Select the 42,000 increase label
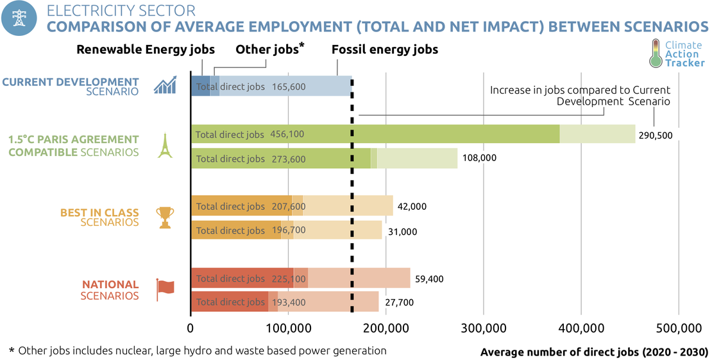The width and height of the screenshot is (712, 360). [x=412, y=207]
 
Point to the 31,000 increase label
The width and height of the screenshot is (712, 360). [x=403, y=230]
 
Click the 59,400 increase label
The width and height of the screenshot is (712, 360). [x=429, y=279]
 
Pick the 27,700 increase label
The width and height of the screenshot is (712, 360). [x=400, y=302]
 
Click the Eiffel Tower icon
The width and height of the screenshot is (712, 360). [x=165, y=146]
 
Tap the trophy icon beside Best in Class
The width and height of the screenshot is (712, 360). [x=165, y=217]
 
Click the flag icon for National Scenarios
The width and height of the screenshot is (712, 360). [x=165, y=289]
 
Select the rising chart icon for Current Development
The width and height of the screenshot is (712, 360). [x=165, y=85]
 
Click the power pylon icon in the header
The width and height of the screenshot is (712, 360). [x=19, y=19]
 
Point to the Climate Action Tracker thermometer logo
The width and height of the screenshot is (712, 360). [x=655, y=53]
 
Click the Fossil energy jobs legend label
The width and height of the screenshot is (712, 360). [x=385, y=49]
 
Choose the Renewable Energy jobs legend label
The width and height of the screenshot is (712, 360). [x=146, y=49]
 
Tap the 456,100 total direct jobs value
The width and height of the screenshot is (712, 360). [x=287, y=135]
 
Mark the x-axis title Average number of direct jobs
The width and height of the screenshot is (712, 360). [x=594, y=352]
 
